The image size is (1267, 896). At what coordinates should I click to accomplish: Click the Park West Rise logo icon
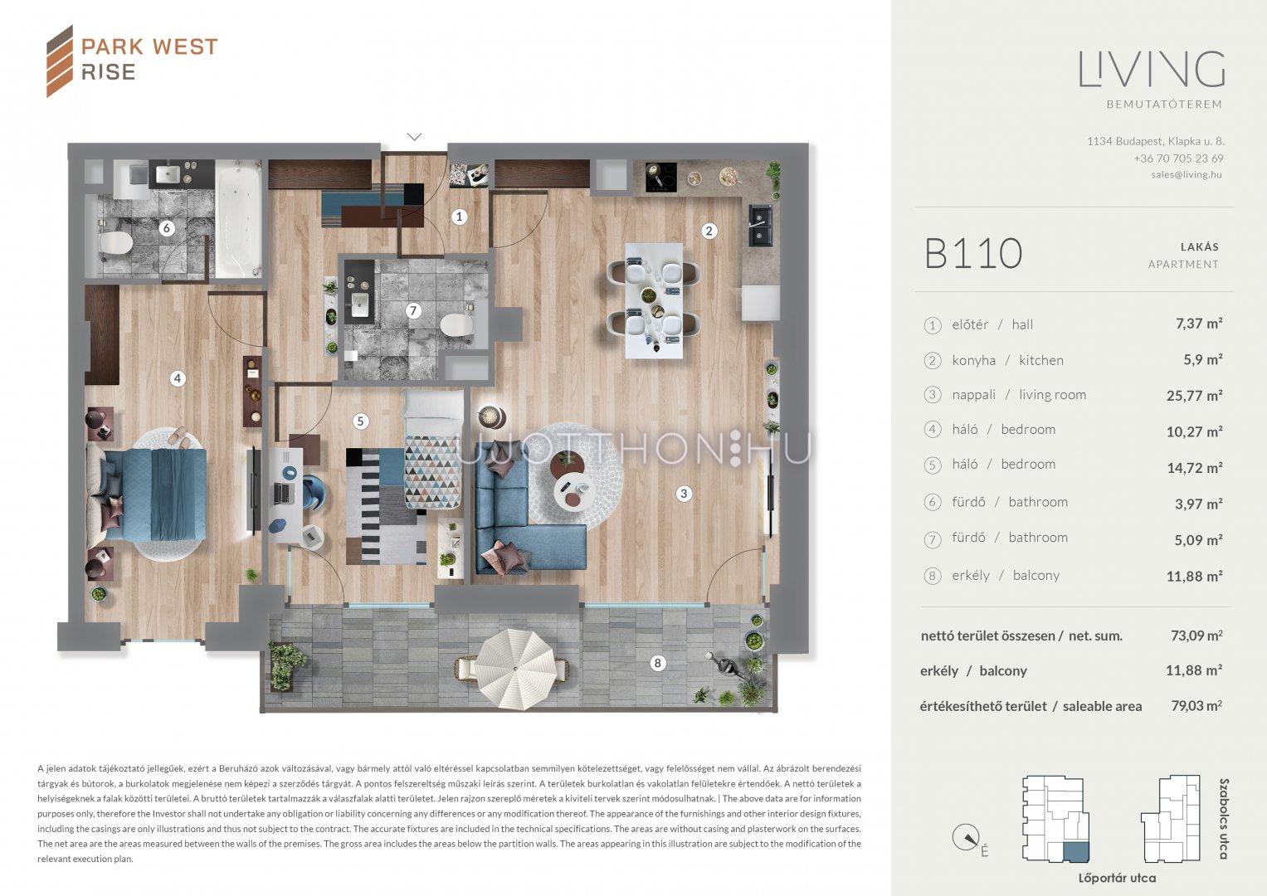60,61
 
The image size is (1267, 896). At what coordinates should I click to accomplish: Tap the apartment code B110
973,253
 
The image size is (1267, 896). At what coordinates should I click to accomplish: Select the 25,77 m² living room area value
1194,396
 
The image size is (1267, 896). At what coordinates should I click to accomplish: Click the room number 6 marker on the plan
166,228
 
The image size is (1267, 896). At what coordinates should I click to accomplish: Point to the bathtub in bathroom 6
238,218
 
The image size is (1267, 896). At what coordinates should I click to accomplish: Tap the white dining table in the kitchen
653,301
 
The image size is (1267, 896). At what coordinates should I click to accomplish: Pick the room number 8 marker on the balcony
656,663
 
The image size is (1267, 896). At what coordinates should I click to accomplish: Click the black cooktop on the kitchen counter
661,177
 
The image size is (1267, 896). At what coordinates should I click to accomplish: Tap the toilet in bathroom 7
456,324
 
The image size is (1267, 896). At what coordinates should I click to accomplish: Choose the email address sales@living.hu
1187,175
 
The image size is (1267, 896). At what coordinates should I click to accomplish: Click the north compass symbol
966,837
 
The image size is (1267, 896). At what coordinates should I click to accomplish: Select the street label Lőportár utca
1117,879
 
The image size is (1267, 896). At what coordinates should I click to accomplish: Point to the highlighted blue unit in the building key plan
1076,851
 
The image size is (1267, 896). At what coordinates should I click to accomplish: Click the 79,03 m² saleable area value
1196,706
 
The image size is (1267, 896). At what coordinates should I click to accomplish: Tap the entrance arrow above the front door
414,137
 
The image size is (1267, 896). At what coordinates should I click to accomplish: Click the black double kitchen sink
760,225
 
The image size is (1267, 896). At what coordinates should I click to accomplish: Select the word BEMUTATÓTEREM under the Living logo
1165,105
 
